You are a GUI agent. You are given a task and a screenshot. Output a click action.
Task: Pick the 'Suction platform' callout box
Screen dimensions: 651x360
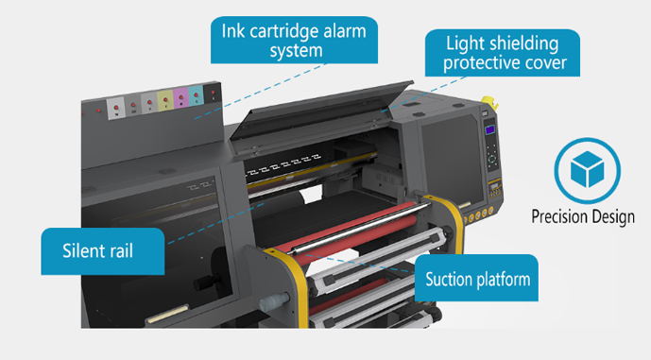pyautogui.click(x=477, y=279)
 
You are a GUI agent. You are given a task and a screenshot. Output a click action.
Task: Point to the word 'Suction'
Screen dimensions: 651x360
pyautogui.click(x=455, y=279)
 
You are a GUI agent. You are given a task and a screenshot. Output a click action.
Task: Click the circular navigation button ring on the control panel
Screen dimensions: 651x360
pyautogui.click(x=490, y=157)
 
